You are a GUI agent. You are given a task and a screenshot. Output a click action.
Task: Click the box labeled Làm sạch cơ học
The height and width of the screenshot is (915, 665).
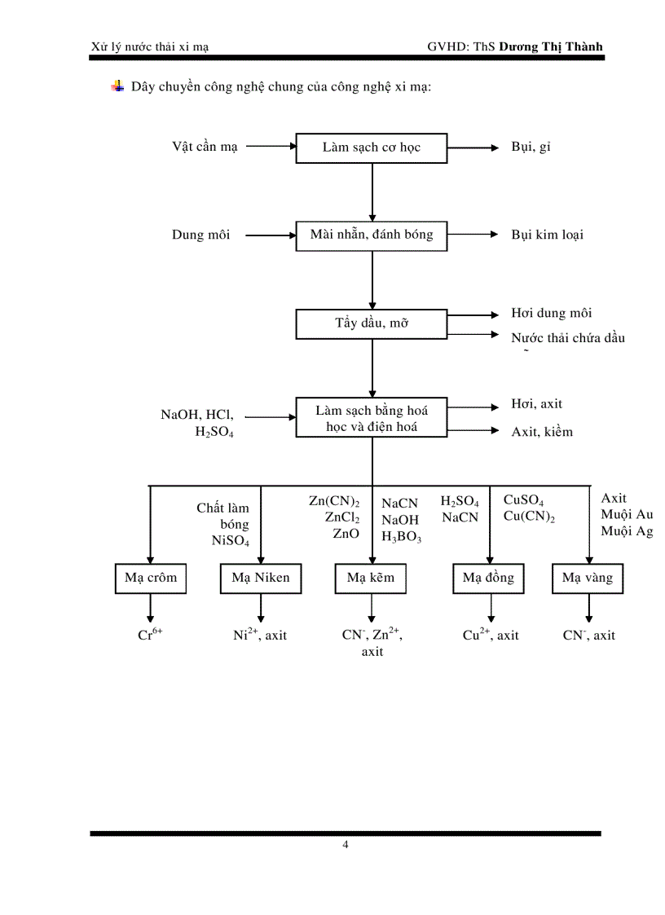coord(372,148)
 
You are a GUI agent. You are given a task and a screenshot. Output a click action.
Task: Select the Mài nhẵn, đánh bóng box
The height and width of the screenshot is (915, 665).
coord(372,235)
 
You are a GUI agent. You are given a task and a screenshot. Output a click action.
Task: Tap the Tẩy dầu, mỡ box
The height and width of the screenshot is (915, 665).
coord(372,323)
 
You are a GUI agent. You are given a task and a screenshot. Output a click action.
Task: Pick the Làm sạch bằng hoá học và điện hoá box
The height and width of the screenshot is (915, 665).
coord(372,418)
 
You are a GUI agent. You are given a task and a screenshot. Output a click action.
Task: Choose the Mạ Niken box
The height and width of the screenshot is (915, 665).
coord(261,578)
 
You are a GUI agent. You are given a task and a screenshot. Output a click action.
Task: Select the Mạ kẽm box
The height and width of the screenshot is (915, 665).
coord(371,578)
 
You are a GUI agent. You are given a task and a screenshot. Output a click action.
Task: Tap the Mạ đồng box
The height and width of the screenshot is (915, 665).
coord(489,578)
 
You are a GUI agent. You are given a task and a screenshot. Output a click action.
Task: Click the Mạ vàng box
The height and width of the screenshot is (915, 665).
coord(588,578)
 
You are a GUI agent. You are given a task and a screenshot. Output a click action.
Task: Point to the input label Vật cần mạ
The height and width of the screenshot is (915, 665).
coord(205,147)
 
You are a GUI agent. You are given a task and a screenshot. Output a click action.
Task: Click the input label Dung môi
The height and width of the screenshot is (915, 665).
coord(200,235)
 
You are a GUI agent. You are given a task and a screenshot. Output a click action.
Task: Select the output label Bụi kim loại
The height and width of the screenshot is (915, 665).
coord(547,235)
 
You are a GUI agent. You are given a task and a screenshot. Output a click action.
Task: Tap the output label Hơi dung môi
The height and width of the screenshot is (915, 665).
coord(551,313)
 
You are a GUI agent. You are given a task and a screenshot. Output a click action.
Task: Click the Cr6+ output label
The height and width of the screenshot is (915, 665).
coord(150,635)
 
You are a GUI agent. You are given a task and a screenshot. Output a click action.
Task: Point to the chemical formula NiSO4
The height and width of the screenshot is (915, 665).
coord(231,540)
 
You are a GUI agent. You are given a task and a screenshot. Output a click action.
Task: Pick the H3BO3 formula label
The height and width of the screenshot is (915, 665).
coord(401,536)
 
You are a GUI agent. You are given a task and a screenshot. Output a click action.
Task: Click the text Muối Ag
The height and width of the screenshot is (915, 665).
coord(627,531)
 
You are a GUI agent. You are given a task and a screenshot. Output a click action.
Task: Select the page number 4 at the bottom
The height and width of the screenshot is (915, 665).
coord(345,844)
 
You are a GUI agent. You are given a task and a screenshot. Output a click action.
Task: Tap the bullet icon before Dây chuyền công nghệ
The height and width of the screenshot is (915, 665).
coord(117,86)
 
